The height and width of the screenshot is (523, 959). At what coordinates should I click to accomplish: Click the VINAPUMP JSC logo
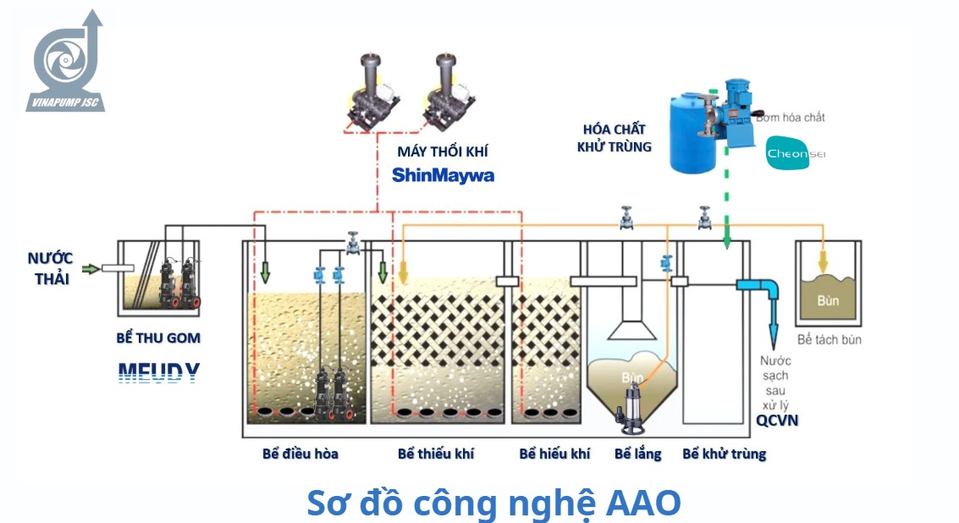pyautogui.click(x=67, y=63)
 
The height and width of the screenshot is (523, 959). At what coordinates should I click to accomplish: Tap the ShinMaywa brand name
pyautogui.click(x=443, y=175)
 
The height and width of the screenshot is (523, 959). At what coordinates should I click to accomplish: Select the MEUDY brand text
pyautogui.click(x=158, y=373)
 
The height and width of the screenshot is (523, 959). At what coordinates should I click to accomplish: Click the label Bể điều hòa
pyautogui.click(x=300, y=454)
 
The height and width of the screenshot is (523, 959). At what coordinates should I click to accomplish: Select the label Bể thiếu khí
pyautogui.click(x=435, y=454)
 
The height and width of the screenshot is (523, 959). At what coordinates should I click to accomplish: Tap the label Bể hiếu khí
pyautogui.click(x=554, y=454)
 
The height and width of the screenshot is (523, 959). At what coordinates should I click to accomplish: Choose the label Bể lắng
pyautogui.click(x=637, y=454)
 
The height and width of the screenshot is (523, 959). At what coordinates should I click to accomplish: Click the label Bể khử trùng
pyautogui.click(x=724, y=454)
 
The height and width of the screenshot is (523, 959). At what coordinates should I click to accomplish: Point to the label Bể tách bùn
pyautogui.click(x=829, y=339)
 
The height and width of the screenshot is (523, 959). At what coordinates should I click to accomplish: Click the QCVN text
pyautogui.click(x=777, y=421)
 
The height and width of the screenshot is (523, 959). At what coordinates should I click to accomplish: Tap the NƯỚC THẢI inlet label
pyautogui.click(x=50, y=267)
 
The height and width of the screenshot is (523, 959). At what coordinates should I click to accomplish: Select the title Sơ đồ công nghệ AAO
pyautogui.click(x=493, y=503)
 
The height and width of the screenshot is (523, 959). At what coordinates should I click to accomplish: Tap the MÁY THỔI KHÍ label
pyautogui.click(x=443, y=152)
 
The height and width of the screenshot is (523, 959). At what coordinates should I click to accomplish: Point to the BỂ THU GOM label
pyautogui.click(x=158, y=338)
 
